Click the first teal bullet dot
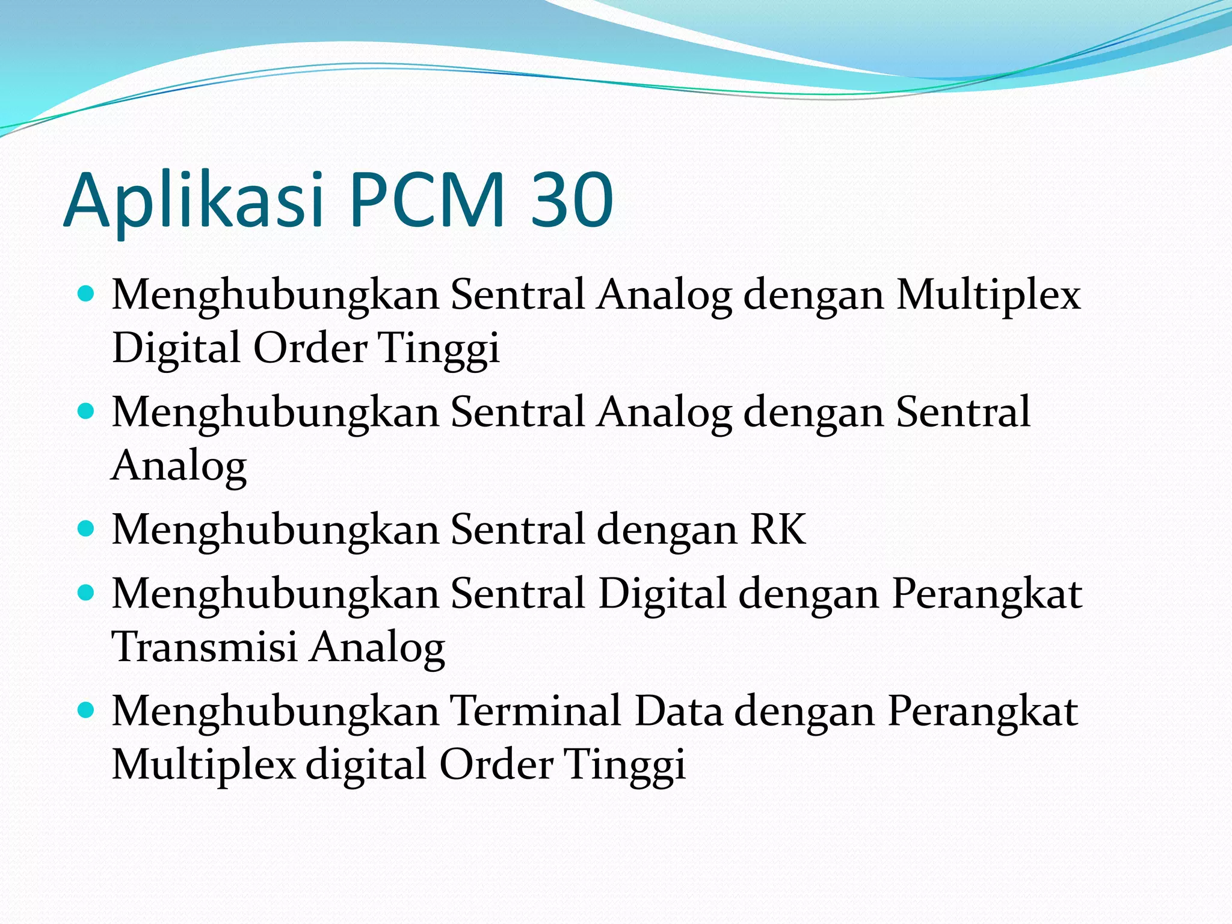(x=87, y=294)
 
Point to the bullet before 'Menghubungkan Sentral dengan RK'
(x=87, y=529)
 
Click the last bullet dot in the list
(x=87, y=711)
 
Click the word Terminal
(x=537, y=711)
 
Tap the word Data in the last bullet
(x=679, y=711)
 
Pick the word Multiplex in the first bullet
(x=988, y=296)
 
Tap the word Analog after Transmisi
(x=378, y=648)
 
